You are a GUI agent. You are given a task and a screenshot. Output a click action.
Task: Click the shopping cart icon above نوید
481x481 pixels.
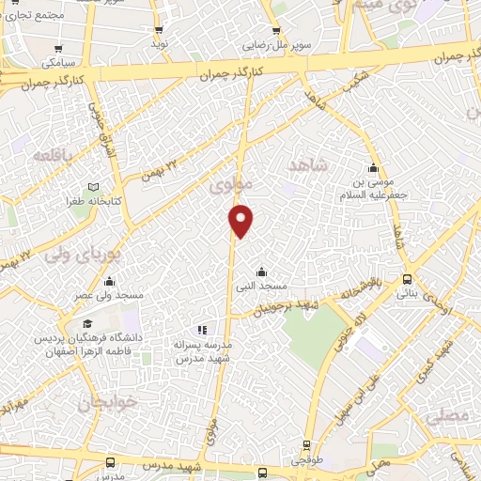159,26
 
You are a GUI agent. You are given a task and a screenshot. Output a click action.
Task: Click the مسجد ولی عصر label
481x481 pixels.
110,296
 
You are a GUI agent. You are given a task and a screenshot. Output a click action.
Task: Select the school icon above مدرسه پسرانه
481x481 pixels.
200,330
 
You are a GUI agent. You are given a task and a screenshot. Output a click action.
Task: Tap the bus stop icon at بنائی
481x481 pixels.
407,279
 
